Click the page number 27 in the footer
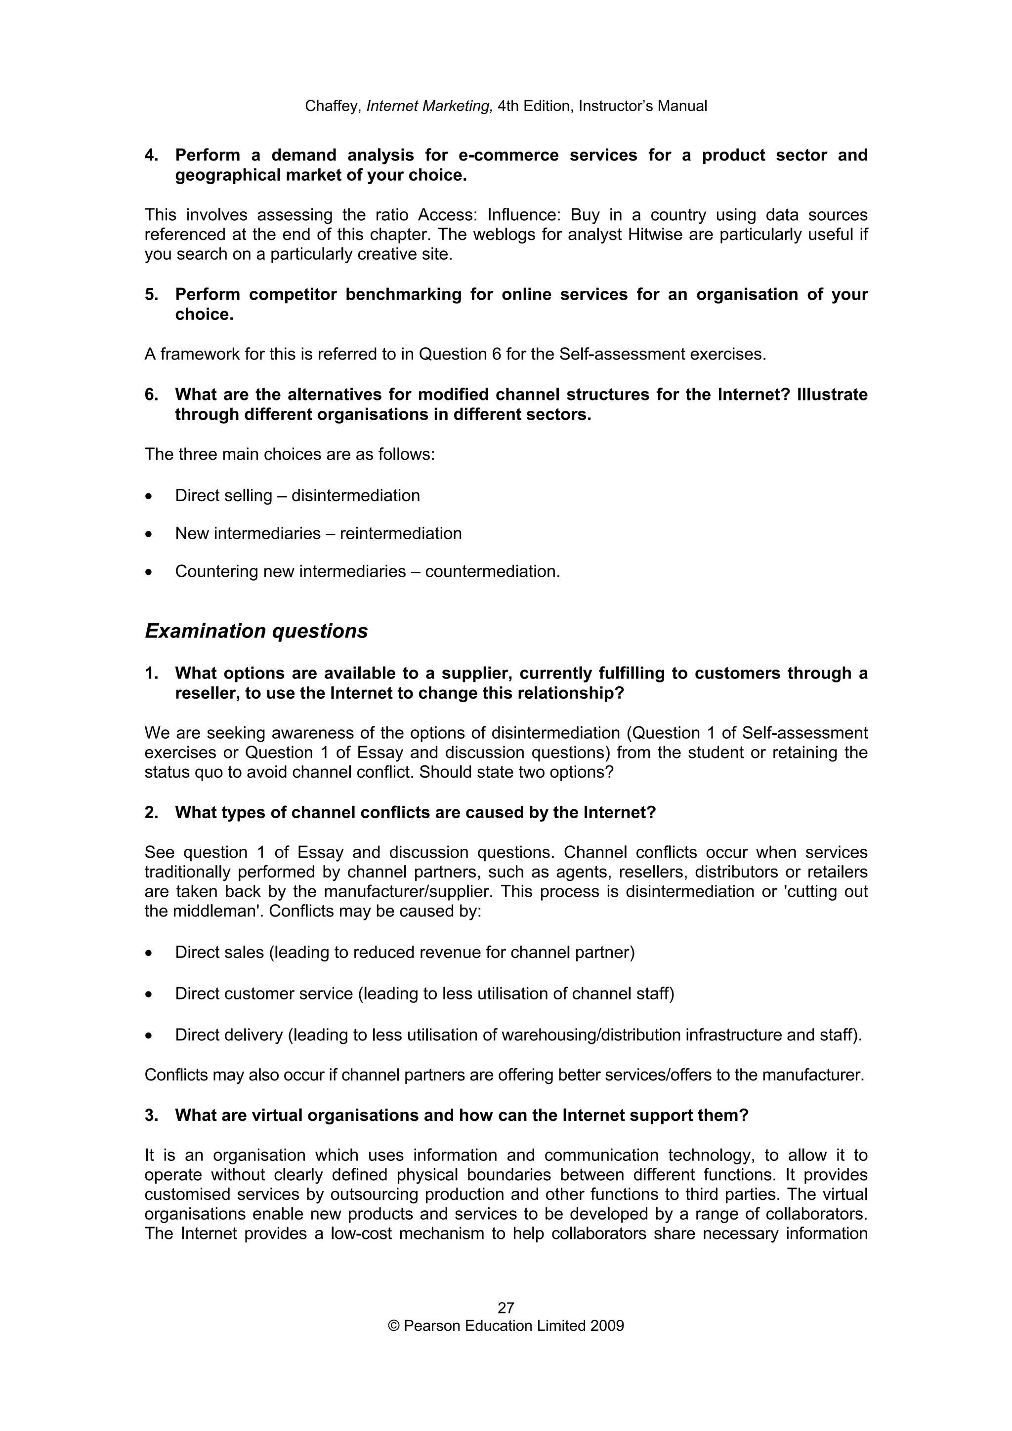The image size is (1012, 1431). click(506, 1308)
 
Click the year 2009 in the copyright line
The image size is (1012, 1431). click(608, 1326)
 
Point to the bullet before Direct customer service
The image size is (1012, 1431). click(148, 994)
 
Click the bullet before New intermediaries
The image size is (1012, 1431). click(148, 534)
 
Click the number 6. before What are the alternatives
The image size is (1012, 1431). click(152, 395)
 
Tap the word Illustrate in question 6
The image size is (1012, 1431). click(832, 395)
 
